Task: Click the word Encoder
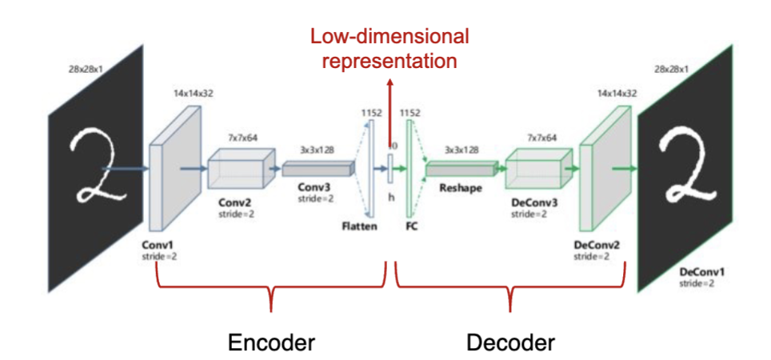click(271, 342)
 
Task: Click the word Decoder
click(510, 342)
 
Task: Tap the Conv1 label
click(158, 244)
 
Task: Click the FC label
click(412, 226)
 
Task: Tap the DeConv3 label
click(533, 205)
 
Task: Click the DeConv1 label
click(699, 272)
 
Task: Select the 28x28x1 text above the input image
click(88, 70)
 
